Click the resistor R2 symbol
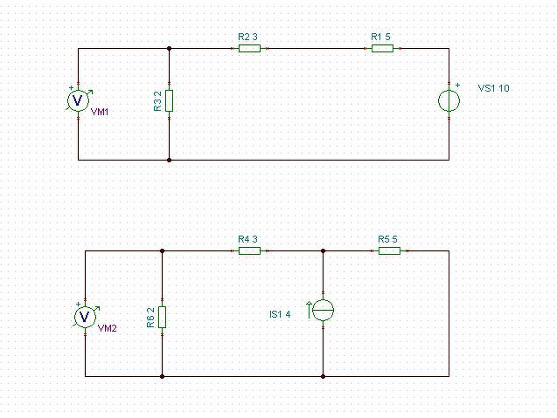[249, 48]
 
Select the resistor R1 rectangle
[383, 48]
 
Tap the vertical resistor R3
[169, 100]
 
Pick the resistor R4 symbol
[249, 251]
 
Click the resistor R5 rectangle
[389, 251]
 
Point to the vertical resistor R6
[162, 317]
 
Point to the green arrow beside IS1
[309, 310]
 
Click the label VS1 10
[493, 88]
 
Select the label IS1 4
[280, 315]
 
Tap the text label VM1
[100, 112]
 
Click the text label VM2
[107, 328]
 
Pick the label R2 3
[248, 37]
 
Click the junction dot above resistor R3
[169, 48]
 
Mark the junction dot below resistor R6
[162, 376]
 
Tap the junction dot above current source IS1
[323, 251]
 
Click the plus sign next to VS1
[457, 85]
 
